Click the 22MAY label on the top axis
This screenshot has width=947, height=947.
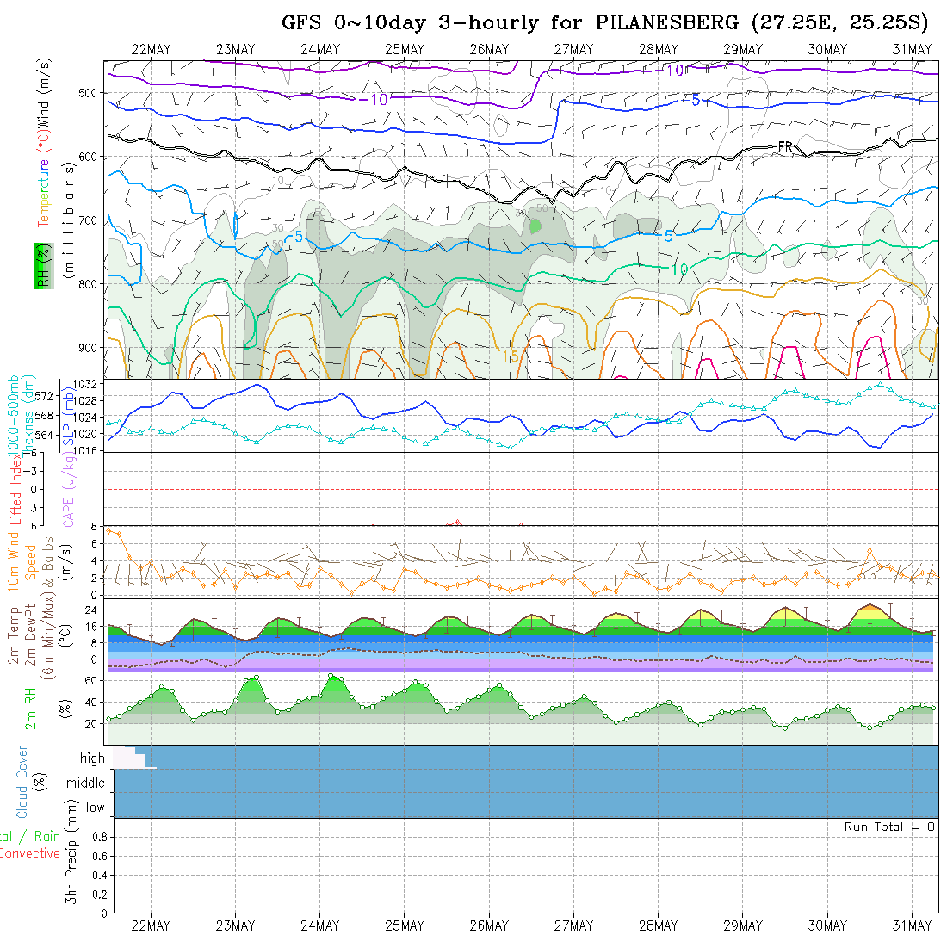(x=151, y=49)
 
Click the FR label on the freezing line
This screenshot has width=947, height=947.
(x=784, y=147)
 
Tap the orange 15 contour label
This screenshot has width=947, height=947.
(x=511, y=356)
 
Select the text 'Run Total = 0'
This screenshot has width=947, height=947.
(x=889, y=826)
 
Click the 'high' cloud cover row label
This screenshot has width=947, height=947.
(x=92, y=758)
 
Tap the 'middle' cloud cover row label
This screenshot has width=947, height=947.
(x=85, y=783)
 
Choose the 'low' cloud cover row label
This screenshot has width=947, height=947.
(x=95, y=808)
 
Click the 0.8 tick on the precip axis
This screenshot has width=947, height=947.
(x=98, y=837)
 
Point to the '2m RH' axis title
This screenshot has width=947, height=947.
(x=30, y=708)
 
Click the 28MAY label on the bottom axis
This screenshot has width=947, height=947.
(x=659, y=925)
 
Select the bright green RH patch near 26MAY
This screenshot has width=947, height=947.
(x=535, y=226)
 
